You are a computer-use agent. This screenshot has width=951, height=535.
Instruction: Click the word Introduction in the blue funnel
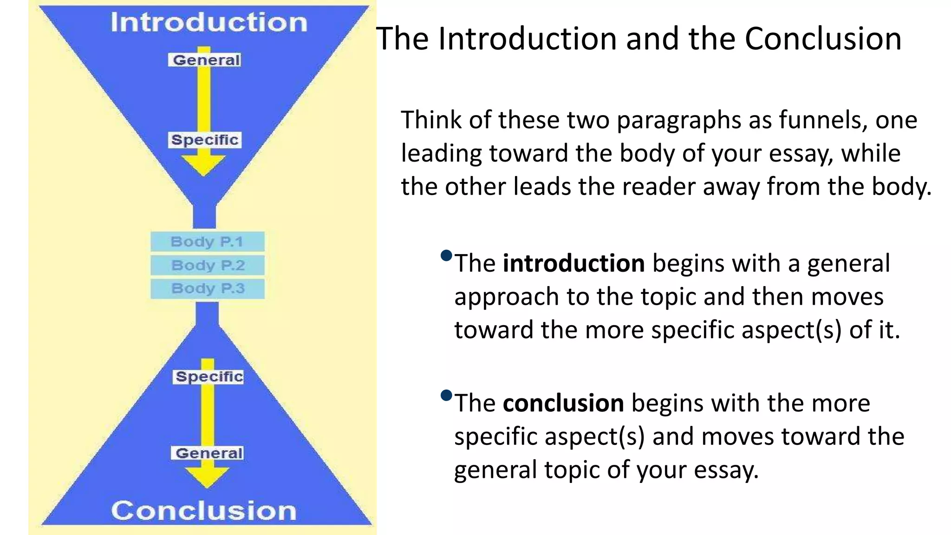click(208, 22)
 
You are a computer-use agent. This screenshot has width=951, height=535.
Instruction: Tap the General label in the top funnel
click(206, 60)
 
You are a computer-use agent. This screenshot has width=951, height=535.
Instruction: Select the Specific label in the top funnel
click(204, 140)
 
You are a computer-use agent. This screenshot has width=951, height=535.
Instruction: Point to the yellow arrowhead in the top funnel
click(203, 165)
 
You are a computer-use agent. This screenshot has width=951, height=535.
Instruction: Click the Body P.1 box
click(207, 241)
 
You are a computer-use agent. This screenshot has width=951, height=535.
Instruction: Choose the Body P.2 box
click(208, 265)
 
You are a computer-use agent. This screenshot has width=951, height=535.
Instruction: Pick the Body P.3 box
click(208, 288)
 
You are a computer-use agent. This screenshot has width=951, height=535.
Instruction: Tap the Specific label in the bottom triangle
click(209, 377)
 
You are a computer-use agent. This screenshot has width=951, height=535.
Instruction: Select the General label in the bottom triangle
click(208, 453)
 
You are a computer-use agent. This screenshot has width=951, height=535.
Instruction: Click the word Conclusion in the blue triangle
click(204, 511)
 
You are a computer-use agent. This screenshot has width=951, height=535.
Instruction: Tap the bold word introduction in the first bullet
click(573, 263)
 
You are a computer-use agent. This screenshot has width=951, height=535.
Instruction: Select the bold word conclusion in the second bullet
click(563, 403)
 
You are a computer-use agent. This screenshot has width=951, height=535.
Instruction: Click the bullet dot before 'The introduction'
click(446, 255)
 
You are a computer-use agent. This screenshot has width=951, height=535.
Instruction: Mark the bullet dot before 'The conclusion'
click(446, 395)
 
